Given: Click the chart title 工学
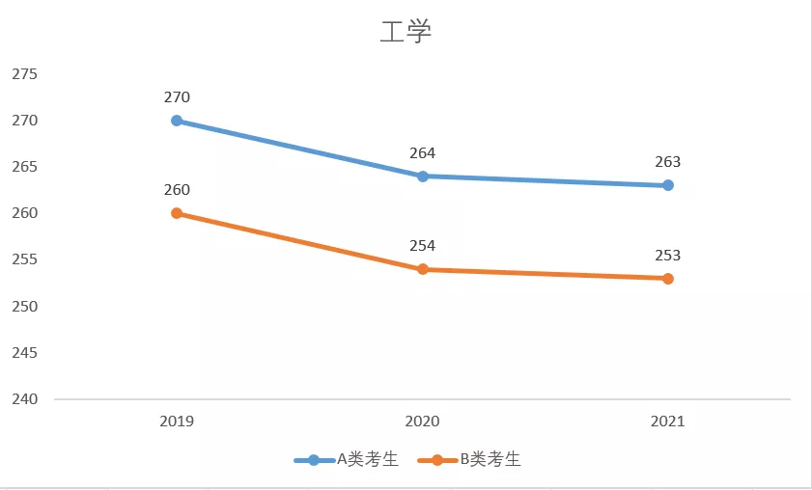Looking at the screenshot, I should pyautogui.click(x=406, y=32).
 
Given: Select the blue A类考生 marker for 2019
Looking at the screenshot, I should pyautogui.click(x=177, y=121).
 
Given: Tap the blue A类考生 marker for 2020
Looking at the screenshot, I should pyautogui.click(x=423, y=177).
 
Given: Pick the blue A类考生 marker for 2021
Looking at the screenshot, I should pyautogui.click(x=668, y=185).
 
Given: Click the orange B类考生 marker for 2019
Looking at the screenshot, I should pyautogui.click(x=177, y=213).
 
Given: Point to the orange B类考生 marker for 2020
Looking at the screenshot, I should pyautogui.click(x=423, y=269).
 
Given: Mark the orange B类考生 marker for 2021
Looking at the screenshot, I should pyautogui.click(x=668, y=279).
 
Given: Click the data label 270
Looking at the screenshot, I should pyautogui.click(x=177, y=97).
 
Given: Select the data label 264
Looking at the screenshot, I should pyautogui.click(x=423, y=152).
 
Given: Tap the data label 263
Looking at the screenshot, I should pyautogui.click(x=668, y=162).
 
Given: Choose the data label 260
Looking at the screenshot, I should pyautogui.click(x=177, y=190).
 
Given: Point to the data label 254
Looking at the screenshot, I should pyautogui.click(x=423, y=246).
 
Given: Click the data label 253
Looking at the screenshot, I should pyautogui.click(x=668, y=256).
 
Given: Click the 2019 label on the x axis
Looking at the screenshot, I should pyautogui.click(x=177, y=422).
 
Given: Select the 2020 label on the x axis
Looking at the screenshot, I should pyautogui.click(x=423, y=422).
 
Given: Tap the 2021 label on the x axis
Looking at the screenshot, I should pyautogui.click(x=668, y=422).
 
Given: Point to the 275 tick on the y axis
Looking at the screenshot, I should pyautogui.click(x=24, y=74).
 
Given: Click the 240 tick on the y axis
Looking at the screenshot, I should pyautogui.click(x=24, y=399).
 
